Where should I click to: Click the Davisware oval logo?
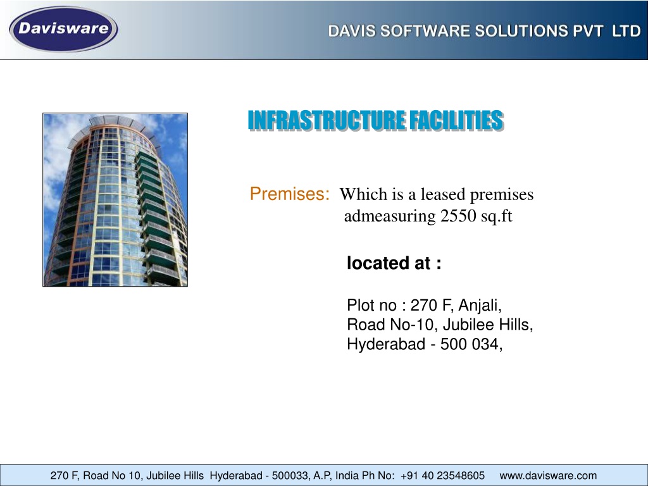63,29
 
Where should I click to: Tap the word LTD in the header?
626,32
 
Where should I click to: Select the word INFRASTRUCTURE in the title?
327,120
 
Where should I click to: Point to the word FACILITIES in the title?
456,120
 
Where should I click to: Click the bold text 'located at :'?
394,263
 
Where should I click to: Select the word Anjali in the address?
480,306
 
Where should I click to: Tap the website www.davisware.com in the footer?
548,476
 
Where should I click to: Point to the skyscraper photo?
115,199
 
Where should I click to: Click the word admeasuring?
390,216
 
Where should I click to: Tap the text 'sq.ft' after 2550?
496,216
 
